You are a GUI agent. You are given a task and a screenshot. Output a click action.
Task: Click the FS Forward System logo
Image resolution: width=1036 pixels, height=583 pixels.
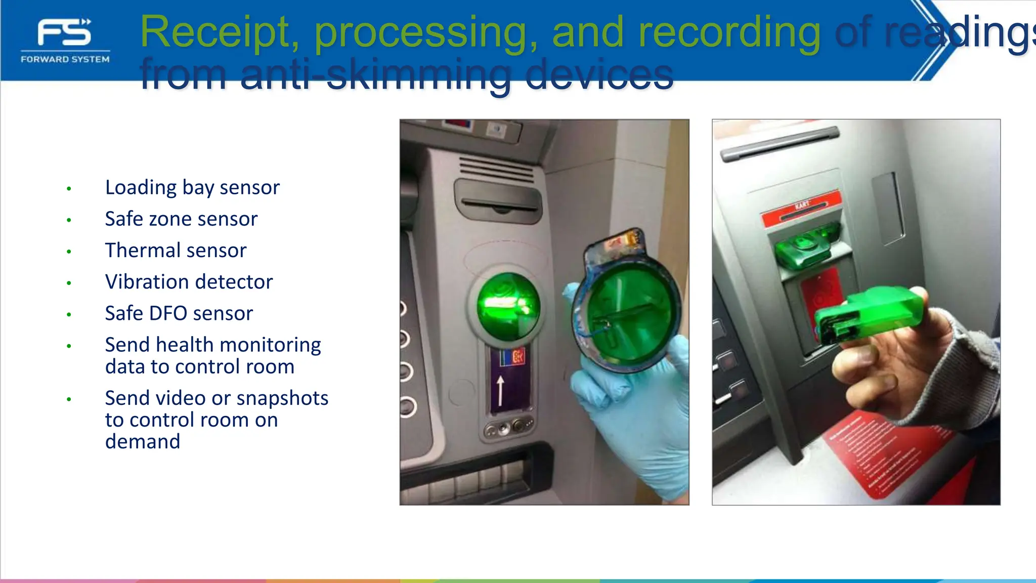pos(65,40)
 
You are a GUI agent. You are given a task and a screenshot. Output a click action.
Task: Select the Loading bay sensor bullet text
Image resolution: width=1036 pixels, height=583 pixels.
pos(192,188)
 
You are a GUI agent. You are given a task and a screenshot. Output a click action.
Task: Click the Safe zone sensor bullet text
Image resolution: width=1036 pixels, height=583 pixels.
pos(181,219)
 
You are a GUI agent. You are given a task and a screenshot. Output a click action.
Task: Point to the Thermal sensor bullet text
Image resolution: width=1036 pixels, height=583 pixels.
pos(176,251)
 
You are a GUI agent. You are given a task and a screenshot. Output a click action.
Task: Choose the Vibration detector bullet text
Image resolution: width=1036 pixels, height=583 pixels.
pos(189,282)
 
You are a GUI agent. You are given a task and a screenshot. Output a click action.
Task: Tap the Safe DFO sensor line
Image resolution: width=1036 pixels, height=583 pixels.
pos(179,314)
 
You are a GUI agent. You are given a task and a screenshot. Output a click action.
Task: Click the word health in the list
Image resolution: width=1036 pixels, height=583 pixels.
pos(185,345)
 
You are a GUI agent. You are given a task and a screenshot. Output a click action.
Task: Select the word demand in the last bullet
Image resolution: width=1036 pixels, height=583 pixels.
pos(143,442)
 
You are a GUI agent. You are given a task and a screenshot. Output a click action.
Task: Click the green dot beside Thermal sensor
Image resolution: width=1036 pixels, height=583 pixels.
pos(69,252)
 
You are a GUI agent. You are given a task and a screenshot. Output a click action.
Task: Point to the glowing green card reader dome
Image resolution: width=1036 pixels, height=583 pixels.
pos(508,306)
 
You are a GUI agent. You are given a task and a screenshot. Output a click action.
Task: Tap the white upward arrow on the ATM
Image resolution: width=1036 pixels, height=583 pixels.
pos(500,390)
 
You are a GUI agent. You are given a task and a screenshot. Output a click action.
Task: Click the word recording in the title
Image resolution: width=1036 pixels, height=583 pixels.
pos(729,32)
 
